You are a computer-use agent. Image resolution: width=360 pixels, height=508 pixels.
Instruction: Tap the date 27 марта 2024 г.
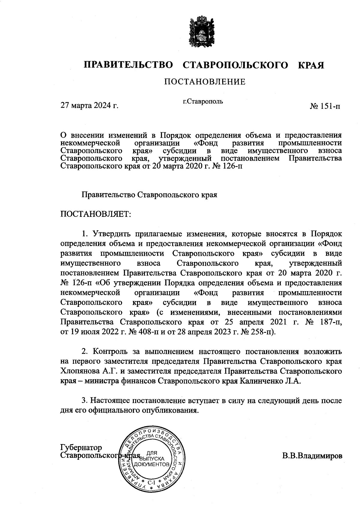(x=89, y=106)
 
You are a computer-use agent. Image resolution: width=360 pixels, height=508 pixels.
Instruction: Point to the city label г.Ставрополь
(x=203, y=101)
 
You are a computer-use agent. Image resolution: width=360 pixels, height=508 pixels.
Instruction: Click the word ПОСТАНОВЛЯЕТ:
(x=96, y=214)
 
